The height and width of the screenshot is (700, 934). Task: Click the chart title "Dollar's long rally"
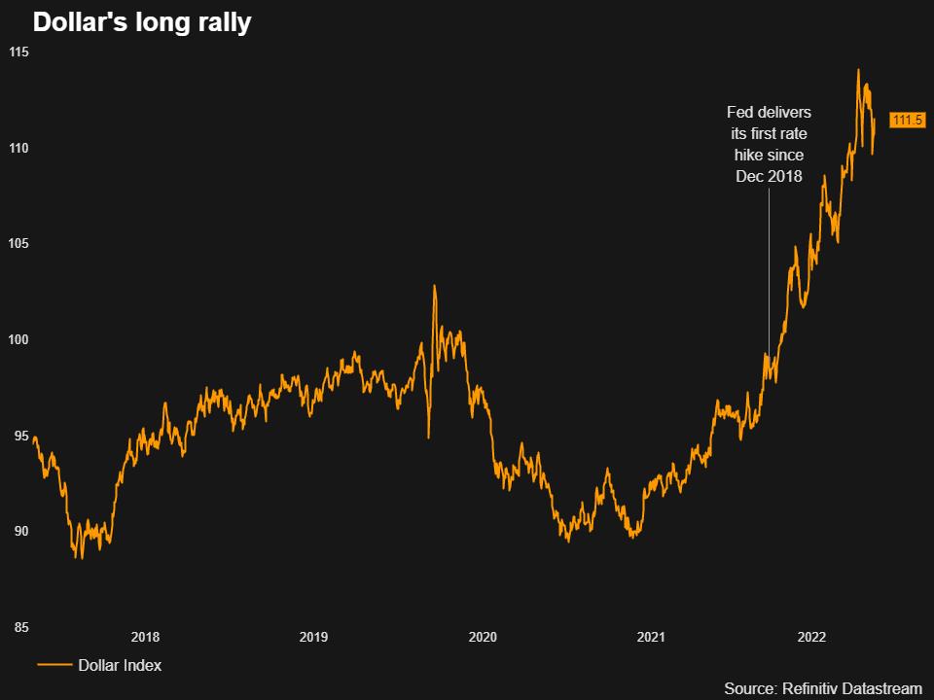[142, 22]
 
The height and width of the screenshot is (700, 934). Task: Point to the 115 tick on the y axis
[19, 52]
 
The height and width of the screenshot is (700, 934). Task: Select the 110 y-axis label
[19, 148]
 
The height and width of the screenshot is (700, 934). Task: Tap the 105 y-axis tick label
[19, 243]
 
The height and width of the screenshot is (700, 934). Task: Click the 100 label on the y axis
[19, 339]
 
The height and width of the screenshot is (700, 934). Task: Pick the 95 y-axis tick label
[19, 436]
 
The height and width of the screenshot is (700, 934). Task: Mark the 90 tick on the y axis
[19, 531]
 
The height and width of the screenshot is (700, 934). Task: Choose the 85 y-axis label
[19, 627]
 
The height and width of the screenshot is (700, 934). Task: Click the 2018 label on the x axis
[145, 638]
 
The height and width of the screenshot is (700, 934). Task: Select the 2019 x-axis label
[313, 638]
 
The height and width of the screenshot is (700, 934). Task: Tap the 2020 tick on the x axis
[483, 638]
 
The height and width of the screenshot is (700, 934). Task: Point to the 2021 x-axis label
[651, 638]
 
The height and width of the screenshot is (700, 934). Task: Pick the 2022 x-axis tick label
[812, 638]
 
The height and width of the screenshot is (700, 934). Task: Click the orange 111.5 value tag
[907, 121]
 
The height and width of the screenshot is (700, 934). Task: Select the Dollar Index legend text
[120, 666]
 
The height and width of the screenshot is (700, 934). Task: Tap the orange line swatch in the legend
[54, 666]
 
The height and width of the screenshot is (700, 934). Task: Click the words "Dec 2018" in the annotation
[770, 176]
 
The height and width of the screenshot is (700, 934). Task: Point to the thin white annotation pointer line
[770, 272]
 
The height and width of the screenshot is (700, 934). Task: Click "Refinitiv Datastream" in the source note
[850, 688]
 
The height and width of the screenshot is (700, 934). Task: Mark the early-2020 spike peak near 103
[434, 286]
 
